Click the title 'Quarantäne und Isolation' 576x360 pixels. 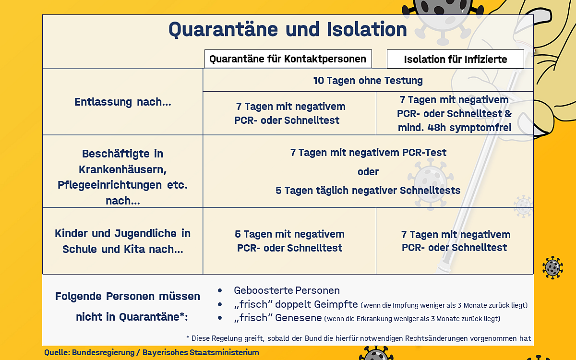coord(288,30)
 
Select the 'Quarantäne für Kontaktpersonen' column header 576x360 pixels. coord(288,59)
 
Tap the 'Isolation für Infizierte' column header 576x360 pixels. coord(455,60)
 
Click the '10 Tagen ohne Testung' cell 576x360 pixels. coord(368,80)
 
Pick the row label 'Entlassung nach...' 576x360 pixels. coord(122,102)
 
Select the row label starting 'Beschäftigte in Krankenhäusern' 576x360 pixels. coord(122,177)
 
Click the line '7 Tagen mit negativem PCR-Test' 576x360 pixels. coord(368,153)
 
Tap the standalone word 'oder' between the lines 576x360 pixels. coord(368,171)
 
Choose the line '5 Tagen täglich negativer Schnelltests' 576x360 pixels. coord(368,190)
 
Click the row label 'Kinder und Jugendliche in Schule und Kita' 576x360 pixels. coord(122,241)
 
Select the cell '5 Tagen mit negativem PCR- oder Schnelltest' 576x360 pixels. coord(289,241)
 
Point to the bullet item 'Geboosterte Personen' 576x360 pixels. coord(287,290)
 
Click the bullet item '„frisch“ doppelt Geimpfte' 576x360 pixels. coord(296,305)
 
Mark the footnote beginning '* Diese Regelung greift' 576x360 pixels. coord(358,337)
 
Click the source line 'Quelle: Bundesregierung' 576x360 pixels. coord(152,352)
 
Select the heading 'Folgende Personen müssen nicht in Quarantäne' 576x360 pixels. coord(127,306)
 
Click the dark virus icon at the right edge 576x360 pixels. coord(552,267)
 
